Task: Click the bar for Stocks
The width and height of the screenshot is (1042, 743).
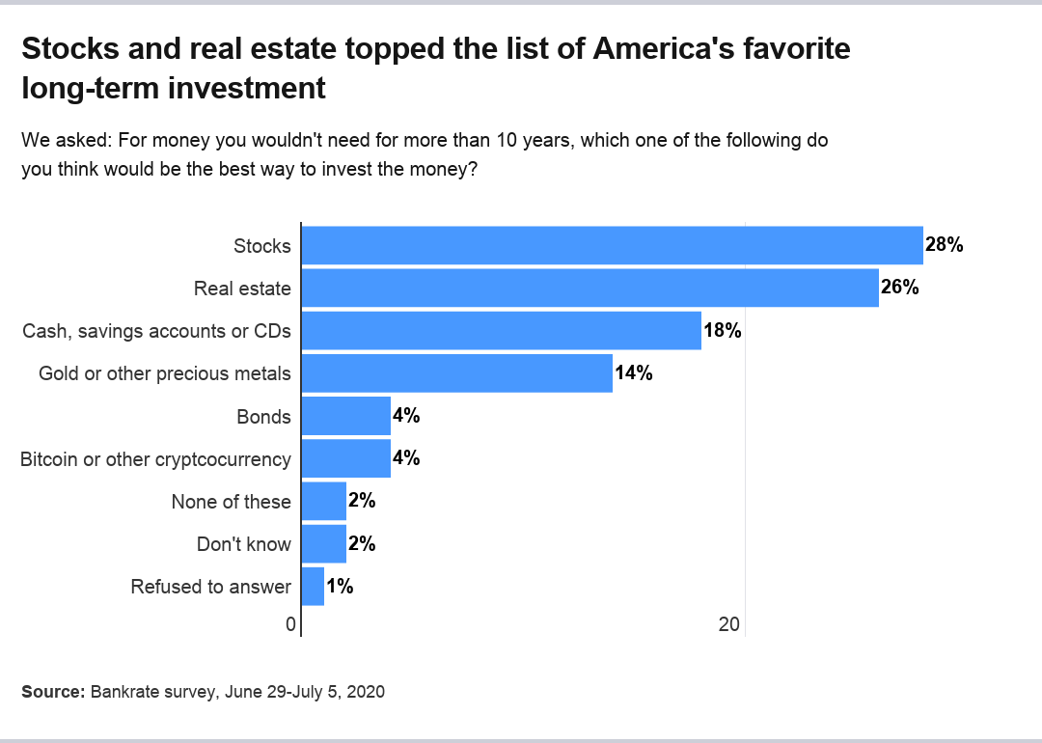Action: [612, 245]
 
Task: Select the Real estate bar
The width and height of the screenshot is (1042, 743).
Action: [590, 288]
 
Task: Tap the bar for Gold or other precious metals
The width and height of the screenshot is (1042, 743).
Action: [456, 372]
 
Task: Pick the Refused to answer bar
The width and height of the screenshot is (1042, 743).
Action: [313, 586]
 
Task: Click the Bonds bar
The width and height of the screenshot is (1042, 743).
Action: [345, 416]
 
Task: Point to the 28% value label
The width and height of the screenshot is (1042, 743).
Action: [944, 245]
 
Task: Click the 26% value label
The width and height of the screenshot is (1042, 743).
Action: [899, 288]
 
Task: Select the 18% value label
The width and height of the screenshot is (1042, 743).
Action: [722, 330]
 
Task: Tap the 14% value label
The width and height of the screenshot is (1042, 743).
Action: [633, 372]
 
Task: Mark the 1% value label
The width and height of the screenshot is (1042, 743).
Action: [340, 586]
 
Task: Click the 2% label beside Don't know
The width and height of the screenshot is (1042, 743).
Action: [362, 543]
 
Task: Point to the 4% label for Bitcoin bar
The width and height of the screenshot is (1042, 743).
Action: [405, 458]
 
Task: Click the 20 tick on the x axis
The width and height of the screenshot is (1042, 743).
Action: [729, 625]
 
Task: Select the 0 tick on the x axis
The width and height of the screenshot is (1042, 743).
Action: [290, 625]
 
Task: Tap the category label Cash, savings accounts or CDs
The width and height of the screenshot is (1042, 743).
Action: [156, 331]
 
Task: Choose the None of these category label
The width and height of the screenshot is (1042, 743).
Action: [231, 501]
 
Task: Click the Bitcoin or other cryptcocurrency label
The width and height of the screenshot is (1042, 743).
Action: [155, 459]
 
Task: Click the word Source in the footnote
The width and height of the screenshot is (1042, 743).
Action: [52, 692]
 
